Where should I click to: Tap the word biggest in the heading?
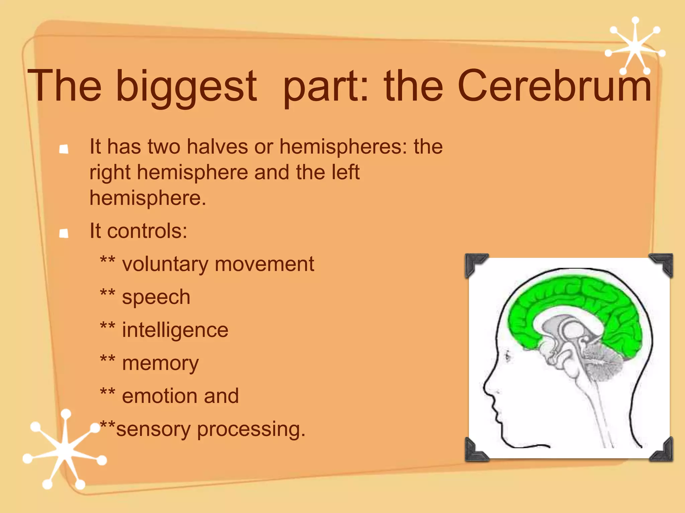(186, 87)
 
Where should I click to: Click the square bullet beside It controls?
(64, 233)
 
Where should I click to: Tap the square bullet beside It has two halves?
(64, 149)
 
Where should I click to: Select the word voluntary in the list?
(165, 265)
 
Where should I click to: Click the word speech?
(156, 297)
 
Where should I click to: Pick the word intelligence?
(175, 330)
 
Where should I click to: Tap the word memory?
(160, 363)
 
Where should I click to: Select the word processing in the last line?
(251, 429)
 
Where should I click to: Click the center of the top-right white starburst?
(634, 47)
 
